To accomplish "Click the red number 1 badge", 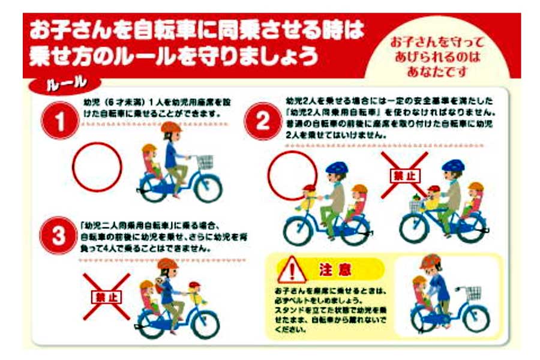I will [x=60, y=120].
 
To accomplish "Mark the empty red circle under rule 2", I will [x=292, y=175].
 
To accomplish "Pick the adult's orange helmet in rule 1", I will [x=171, y=128].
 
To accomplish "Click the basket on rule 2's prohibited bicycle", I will [x=415, y=206].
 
